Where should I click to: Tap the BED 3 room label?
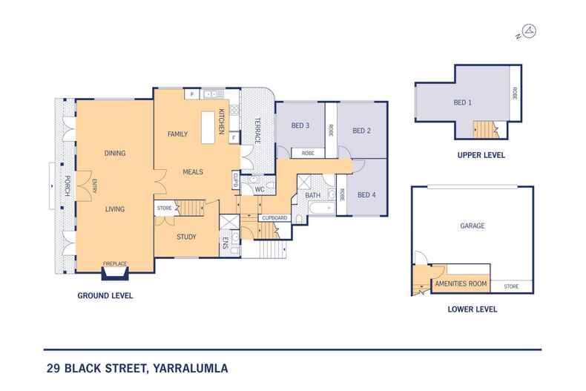(x=300, y=125)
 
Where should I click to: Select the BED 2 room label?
(x=361, y=131)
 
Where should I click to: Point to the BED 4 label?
(x=366, y=195)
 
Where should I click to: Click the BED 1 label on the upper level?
(x=462, y=102)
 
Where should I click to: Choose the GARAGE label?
(x=472, y=226)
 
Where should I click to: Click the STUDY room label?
(x=186, y=237)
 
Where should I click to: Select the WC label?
(x=260, y=190)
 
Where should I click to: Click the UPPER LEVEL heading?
(x=481, y=156)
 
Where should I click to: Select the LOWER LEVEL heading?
(x=473, y=309)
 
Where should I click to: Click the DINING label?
(x=114, y=154)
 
